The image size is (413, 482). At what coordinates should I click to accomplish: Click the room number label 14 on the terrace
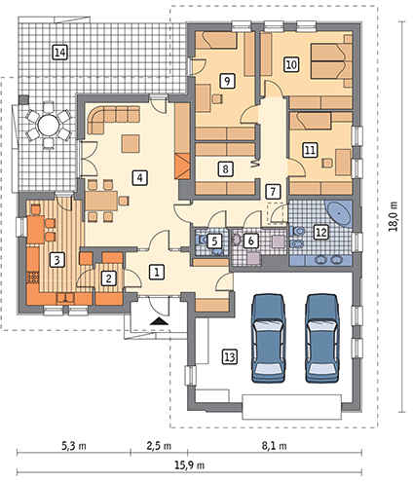(x=60, y=53)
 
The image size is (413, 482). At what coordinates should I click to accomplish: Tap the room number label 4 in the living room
(x=139, y=177)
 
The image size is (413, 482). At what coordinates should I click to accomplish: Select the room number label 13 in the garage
(x=230, y=357)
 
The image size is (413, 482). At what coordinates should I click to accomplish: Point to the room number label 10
(x=291, y=64)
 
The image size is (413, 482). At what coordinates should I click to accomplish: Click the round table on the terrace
(x=49, y=125)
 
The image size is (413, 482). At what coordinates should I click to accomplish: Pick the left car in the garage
(x=269, y=338)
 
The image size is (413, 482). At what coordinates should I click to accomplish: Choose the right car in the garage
(x=322, y=338)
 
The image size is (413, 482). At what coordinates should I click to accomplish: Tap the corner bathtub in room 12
(x=339, y=213)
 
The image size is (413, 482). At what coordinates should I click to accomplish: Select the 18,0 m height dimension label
(x=394, y=216)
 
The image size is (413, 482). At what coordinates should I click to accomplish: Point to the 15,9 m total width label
(x=190, y=465)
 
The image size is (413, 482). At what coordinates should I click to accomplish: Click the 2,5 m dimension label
(x=159, y=446)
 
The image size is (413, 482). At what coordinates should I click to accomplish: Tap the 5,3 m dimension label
(x=74, y=446)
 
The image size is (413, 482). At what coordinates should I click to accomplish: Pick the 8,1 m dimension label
(x=275, y=446)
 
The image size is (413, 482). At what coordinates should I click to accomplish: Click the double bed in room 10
(x=331, y=61)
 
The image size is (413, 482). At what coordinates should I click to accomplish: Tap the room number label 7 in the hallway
(x=273, y=192)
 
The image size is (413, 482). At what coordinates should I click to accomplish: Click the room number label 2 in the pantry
(x=108, y=278)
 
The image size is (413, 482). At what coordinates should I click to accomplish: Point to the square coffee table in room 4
(x=131, y=144)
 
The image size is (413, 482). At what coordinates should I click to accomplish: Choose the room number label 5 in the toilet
(x=214, y=241)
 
